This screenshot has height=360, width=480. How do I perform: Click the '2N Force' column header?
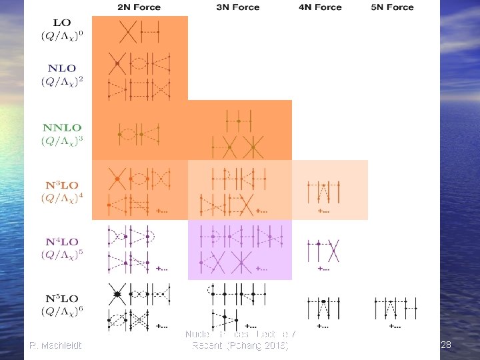click(139, 7)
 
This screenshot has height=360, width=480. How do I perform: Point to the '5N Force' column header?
click(392, 7)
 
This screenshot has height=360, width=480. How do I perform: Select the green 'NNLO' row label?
click(62, 127)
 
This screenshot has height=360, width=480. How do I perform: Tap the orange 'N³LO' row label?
click(61, 185)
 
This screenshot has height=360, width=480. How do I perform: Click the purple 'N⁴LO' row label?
click(61, 241)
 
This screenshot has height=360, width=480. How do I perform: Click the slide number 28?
click(446, 345)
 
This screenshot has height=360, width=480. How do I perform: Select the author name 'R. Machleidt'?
click(56, 345)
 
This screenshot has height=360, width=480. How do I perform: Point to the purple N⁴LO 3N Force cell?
click(239, 250)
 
